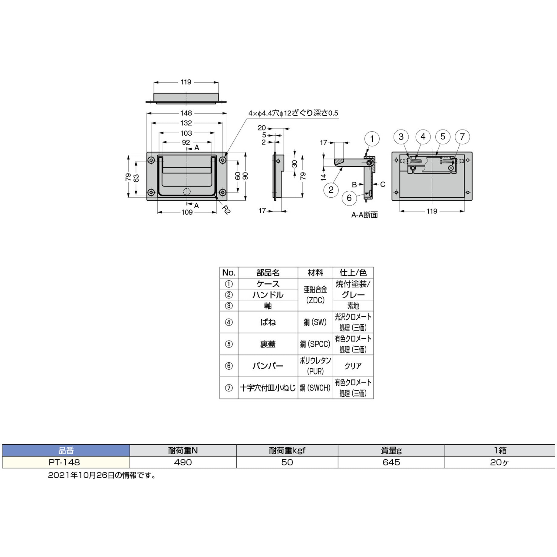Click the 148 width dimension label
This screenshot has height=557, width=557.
coord(186,113)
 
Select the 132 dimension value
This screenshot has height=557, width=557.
coord(186,123)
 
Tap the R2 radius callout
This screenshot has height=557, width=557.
coord(226,209)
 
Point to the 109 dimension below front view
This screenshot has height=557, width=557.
coord(187,212)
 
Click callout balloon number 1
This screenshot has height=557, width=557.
coord(372,139)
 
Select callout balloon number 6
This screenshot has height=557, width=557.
coord(349,198)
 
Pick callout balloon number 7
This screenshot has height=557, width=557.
coord(462,137)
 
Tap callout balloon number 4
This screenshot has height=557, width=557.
coord(423,137)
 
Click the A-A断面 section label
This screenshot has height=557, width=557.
coord(364,215)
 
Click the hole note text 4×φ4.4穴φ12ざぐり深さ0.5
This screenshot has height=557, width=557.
coord(293,113)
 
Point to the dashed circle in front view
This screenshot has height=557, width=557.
coord(187,192)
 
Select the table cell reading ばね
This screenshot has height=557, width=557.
coord(268,322)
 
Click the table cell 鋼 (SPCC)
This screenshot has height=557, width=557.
coord(315,344)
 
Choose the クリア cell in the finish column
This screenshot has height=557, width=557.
coord(353,366)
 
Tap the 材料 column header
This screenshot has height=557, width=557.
coord(315,273)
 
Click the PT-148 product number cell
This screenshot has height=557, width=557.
coord(64,462)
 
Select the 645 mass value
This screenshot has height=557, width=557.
coord(391,462)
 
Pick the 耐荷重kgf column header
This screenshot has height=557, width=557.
coord(287,450)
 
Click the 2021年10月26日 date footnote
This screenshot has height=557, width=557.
coord(102,475)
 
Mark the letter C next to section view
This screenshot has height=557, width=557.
coord(383,184)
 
